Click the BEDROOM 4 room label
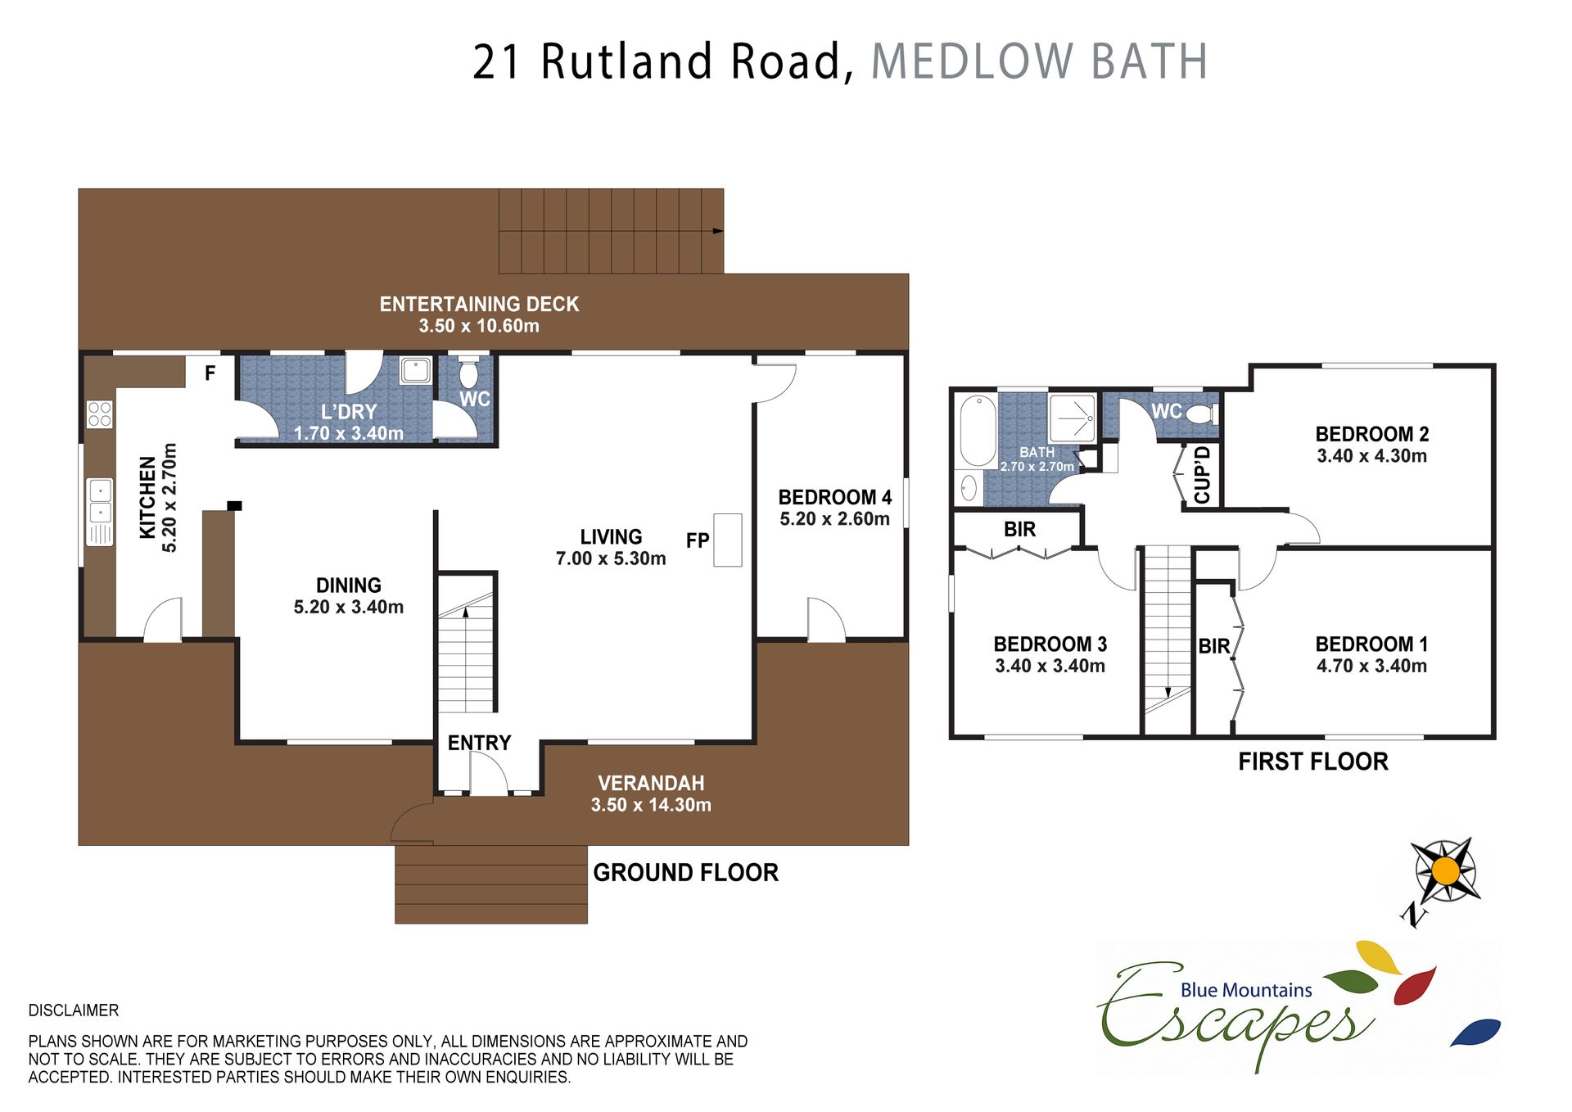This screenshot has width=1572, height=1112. coord(834,497)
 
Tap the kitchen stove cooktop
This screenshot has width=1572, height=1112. coord(100,414)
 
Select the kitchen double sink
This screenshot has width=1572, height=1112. coord(100,500)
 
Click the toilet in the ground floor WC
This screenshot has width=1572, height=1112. coord(468,372)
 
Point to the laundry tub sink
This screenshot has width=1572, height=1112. coord(416,370)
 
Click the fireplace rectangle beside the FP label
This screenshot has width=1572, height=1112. coord(727,540)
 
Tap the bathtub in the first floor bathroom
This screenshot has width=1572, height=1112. coord(977,431)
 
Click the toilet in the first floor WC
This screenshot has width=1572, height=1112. coord(1203,414)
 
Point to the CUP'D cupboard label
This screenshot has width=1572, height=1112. coord(1202,475)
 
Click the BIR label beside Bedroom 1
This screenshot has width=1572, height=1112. coord(1214,647)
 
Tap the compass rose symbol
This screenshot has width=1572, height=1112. coord(1446,870)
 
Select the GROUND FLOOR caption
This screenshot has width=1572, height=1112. coord(685,873)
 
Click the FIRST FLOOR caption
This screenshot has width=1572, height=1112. coord(1313,762)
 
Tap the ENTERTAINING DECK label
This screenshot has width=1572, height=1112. coord(479,305)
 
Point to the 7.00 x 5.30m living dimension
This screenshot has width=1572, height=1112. coord(611,558)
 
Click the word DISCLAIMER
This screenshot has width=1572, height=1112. coord(74,1010)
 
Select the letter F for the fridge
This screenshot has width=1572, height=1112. coord(210,373)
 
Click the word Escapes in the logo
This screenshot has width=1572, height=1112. coord(1236,1015)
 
